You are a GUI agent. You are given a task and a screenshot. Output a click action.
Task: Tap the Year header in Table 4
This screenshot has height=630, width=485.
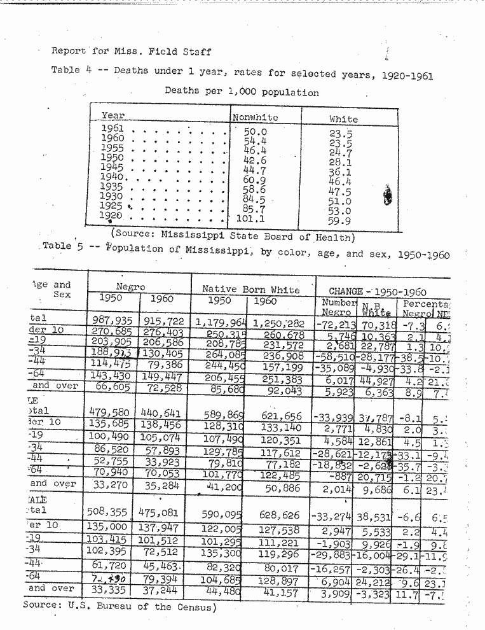pyautogui.click(x=113, y=116)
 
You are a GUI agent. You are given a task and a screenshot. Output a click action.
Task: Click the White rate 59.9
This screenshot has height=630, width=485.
pyautogui.click(x=340, y=221)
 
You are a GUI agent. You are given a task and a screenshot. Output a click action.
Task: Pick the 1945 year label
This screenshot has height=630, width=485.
pyautogui.click(x=113, y=167)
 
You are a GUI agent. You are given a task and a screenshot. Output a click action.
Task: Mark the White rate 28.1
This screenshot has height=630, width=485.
pyautogui.click(x=340, y=162)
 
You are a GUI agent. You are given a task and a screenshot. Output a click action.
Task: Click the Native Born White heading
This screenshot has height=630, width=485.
pyautogui.click(x=250, y=290)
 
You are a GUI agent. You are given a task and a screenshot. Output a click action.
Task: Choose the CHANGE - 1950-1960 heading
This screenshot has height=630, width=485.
pyautogui.click(x=378, y=291)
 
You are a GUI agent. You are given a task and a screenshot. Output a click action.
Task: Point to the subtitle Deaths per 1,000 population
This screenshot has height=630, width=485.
pyautogui.click(x=242, y=92)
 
